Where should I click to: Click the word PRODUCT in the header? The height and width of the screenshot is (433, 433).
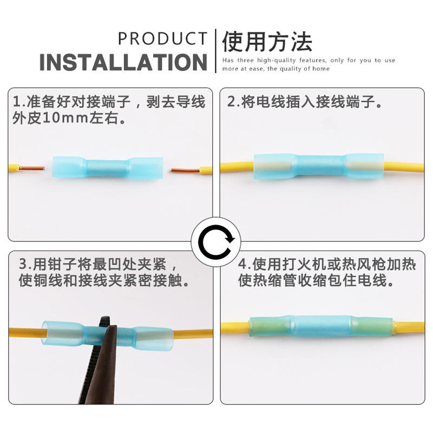[162, 38]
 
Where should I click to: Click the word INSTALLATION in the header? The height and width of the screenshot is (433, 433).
[123, 62]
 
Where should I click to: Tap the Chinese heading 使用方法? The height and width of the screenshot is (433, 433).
[267, 42]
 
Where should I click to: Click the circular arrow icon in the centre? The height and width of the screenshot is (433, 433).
[216, 242]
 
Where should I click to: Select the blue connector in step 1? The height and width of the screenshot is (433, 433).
[107, 168]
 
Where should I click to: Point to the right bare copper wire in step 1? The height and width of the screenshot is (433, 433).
[185, 170]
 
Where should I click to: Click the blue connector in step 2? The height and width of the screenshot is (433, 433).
[318, 166]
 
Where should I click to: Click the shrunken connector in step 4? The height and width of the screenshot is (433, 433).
[321, 326]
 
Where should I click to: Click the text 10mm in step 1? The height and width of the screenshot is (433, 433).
[65, 118]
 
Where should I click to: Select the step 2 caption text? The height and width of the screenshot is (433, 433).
[305, 102]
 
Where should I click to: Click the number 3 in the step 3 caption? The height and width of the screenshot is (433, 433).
[23, 264]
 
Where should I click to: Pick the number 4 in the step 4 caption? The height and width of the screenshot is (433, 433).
[242, 264]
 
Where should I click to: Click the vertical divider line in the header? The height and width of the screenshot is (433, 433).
[215, 51]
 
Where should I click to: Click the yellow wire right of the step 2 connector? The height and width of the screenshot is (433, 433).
[404, 167]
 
